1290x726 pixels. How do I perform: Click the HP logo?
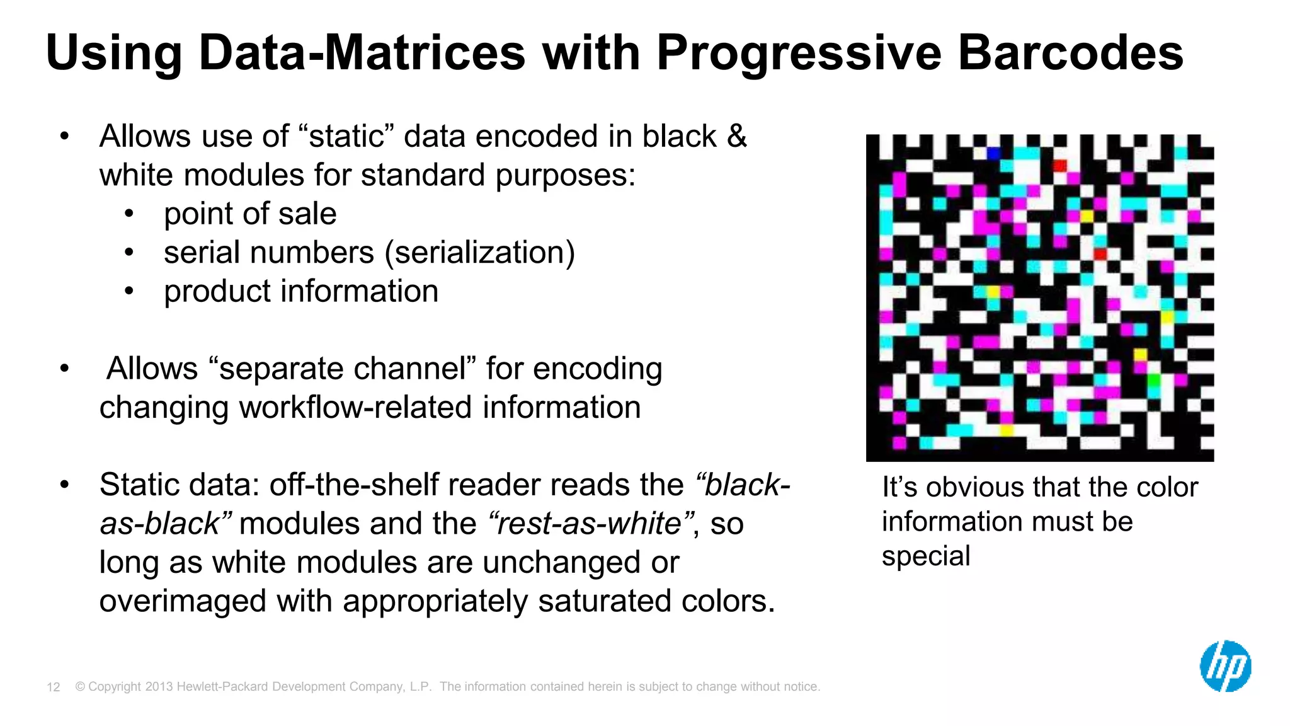pyautogui.click(x=1225, y=666)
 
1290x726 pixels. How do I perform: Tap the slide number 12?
pyautogui.click(x=54, y=687)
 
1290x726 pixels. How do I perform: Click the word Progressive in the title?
pyautogui.click(x=798, y=53)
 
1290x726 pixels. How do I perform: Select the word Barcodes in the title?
pyautogui.click(x=1070, y=53)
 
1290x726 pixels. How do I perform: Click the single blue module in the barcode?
pyautogui.click(x=993, y=153)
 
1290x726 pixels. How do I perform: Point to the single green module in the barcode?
pyautogui.click(x=1154, y=380)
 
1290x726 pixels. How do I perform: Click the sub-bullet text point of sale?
pyautogui.click(x=250, y=214)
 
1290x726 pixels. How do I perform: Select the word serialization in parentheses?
pyautogui.click(x=479, y=253)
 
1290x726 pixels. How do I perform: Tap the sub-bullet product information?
pyautogui.click(x=301, y=291)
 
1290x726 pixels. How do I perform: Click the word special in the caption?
pyautogui.click(x=925, y=556)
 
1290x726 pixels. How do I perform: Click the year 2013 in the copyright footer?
pyautogui.click(x=159, y=687)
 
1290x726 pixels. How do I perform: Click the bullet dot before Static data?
pyautogui.click(x=64, y=485)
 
